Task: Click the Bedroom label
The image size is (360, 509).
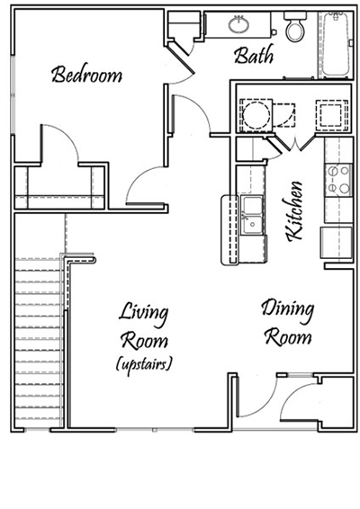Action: (x=86, y=75)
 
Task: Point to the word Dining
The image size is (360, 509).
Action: (x=288, y=311)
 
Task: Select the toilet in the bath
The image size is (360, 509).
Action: (x=294, y=30)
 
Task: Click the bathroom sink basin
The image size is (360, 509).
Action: (x=241, y=25)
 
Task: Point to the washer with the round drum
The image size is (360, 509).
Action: (x=255, y=116)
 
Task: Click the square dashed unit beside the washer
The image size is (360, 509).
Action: (x=326, y=115)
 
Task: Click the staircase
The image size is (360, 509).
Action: (x=40, y=342)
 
